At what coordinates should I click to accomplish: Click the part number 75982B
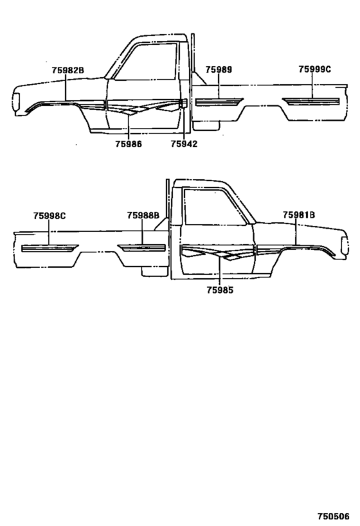pyautogui.click(x=68, y=71)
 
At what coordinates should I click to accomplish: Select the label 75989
pyautogui.click(x=219, y=69)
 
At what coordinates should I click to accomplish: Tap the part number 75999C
pyautogui.click(x=314, y=69)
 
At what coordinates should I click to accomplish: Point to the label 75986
pyautogui.click(x=129, y=144)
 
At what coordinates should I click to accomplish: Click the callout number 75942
pyautogui.click(x=184, y=144)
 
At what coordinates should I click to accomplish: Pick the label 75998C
pyautogui.click(x=50, y=216)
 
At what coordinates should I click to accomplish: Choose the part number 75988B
pyautogui.click(x=143, y=215)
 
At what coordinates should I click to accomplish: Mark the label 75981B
pyautogui.click(x=299, y=215)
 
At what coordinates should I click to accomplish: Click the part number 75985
pyautogui.click(x=220, y=290)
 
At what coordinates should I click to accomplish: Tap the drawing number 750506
pyautogui.click(x=334, y=516)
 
